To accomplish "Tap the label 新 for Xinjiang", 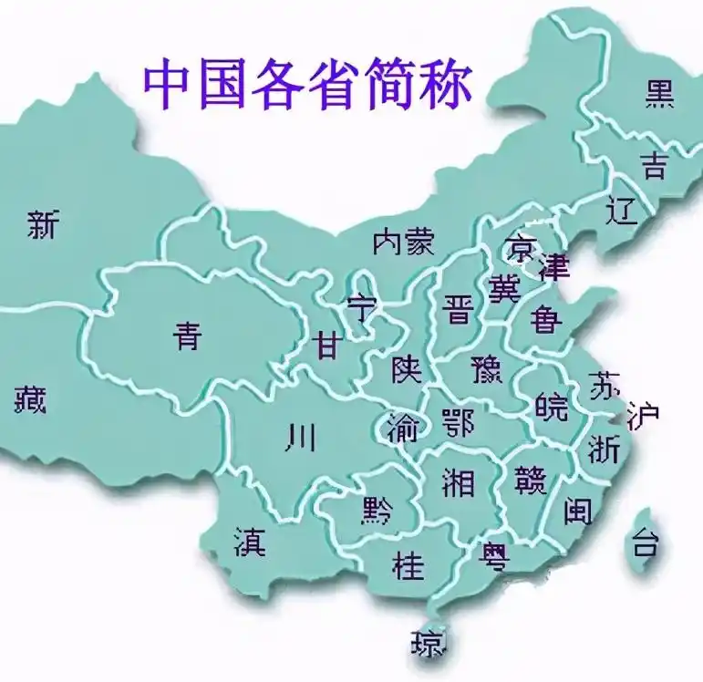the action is tap(44, 224).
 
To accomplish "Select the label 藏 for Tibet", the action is tap(30, 398).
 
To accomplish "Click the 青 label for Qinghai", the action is tap(187, 337).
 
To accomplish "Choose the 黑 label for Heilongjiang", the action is tap(660, 94).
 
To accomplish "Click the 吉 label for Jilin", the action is tap(653, 165).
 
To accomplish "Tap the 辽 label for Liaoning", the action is tap(621, 212).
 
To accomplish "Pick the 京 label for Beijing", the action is tap(522, 246).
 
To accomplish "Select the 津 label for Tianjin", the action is tap(553, 267).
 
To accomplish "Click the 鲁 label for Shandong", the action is tap(547, 318).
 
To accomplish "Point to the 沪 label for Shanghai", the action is tap(643, 416).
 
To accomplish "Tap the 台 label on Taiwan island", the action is tap(645, 544).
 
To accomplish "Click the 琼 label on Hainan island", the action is tap(429, 644).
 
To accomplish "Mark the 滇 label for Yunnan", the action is tap(249, 542).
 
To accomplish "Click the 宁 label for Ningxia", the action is tap(363, 308).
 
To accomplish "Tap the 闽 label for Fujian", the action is tap(577, 511).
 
